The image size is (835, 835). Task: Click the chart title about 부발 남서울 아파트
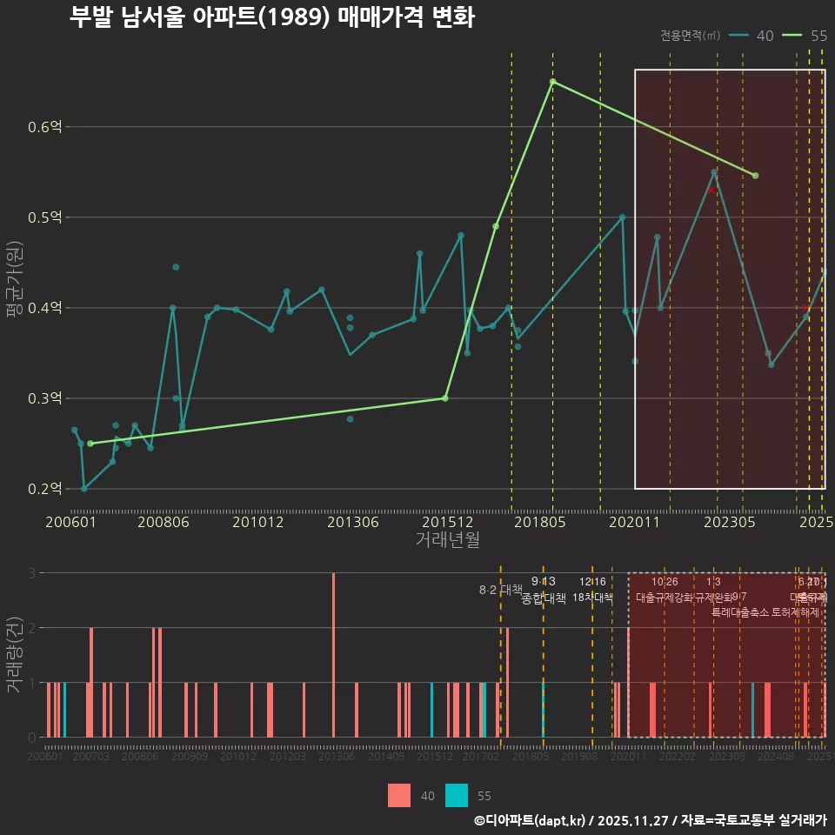[x=271, y=18]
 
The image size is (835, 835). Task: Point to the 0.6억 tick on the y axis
[x=45, y=127]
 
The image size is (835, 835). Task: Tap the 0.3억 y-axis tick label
[x=45, y=398]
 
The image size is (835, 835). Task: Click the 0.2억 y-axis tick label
[x=45, y=489]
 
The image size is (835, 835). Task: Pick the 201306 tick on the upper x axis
[x=351, y=522]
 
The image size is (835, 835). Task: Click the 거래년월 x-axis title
[x=447, y=539]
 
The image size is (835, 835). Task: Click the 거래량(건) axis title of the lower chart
[x=13, y=655]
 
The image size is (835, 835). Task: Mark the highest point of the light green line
[x=552, y=82]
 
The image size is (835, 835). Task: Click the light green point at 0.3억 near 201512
[x=444, y=398]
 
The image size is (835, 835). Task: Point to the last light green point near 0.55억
[x=755, y=176]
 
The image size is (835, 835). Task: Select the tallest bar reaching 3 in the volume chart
[x=333, y=655]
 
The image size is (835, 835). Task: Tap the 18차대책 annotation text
[x=592, y=597]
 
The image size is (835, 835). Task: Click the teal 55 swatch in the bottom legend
[x=457, y=795]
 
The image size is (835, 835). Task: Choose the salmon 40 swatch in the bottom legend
[x=399, y=795]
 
